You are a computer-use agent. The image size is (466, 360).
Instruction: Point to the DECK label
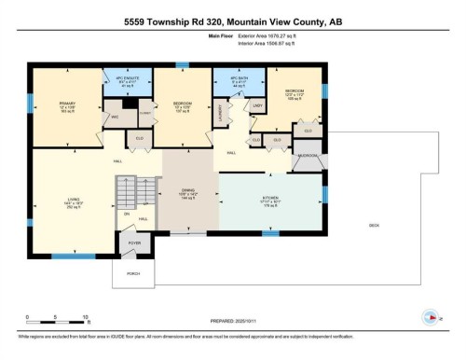374,223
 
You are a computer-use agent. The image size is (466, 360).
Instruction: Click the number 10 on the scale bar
86,318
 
